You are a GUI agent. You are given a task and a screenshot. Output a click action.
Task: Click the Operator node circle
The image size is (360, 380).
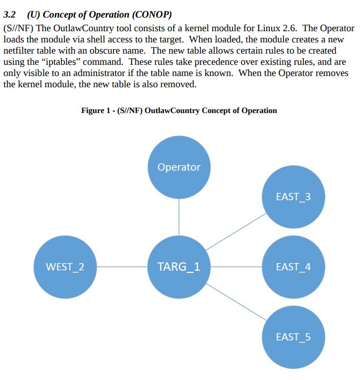point(179,167)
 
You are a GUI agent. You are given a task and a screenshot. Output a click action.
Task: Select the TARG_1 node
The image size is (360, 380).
point(179,267)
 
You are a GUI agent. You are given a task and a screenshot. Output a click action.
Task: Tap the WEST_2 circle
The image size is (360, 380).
point(65,267)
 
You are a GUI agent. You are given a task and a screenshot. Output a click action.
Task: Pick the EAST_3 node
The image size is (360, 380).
point(293,197)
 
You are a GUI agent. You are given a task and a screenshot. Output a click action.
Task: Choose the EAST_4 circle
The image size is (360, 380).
point(293,267)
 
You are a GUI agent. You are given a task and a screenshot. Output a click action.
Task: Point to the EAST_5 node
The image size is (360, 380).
point(293,337)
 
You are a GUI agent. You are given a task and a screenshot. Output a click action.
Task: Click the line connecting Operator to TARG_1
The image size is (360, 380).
point(179,217)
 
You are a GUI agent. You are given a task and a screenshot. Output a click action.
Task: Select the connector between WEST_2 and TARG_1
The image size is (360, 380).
point(122,267)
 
